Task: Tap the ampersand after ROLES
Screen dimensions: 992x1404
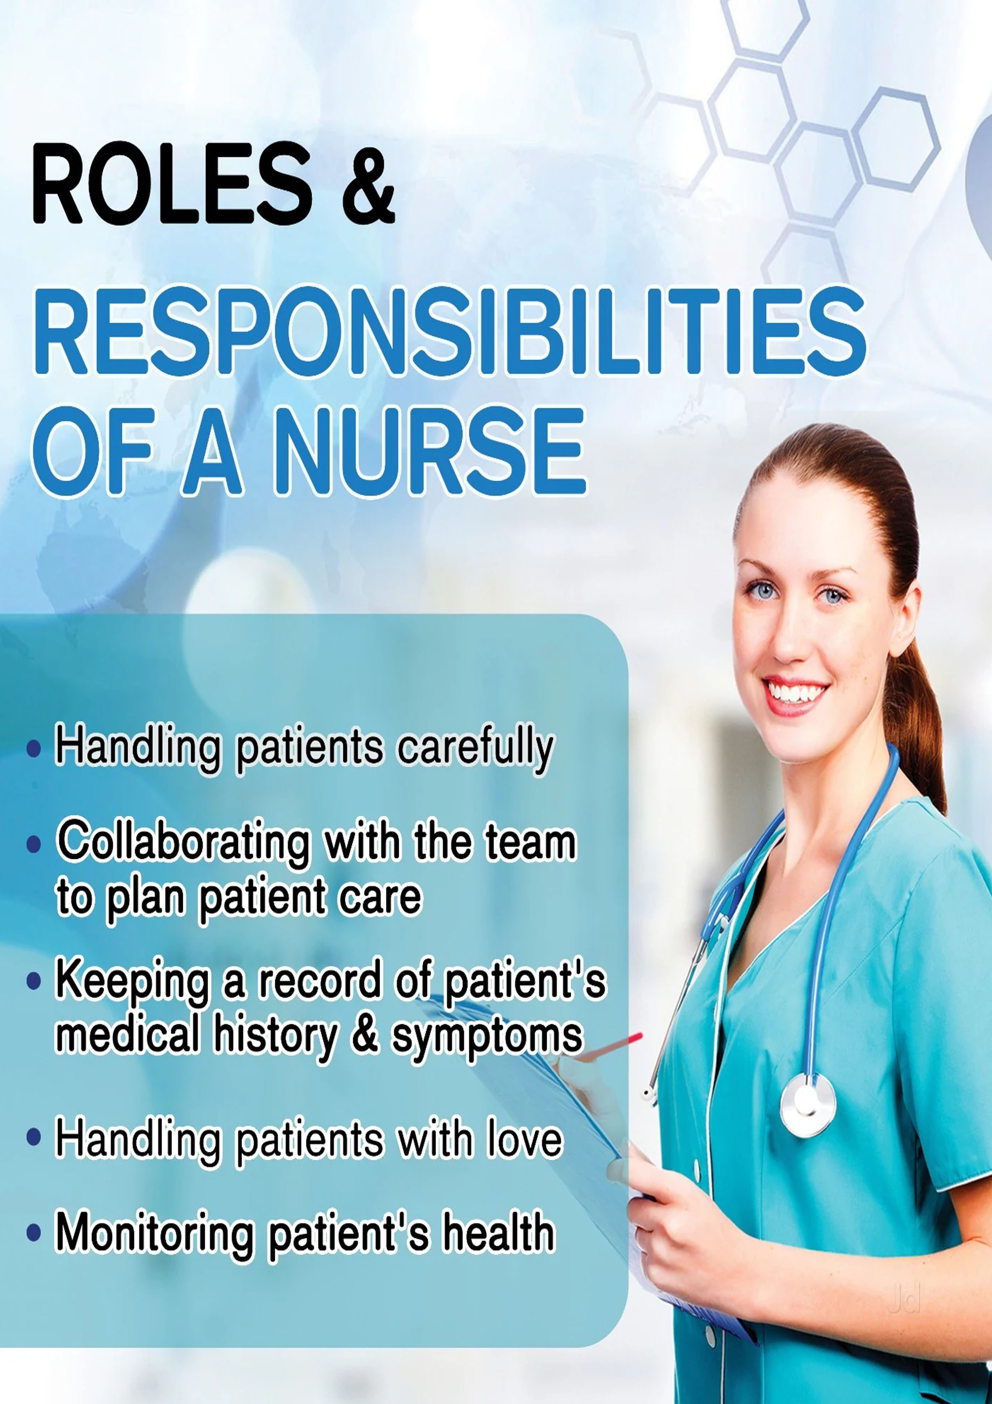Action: (x=368, y=183)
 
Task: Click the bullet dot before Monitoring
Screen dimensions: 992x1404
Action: (x=34, y=1234)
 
